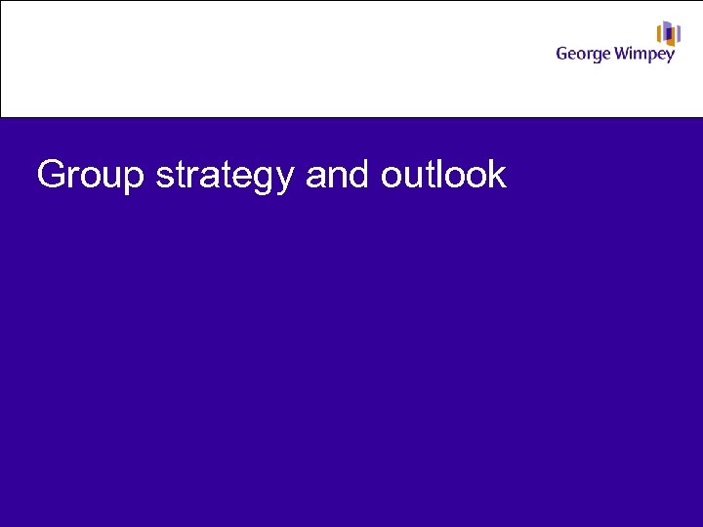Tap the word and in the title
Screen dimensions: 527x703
(x=338, y=176)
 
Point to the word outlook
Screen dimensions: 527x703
(x=443, y=176)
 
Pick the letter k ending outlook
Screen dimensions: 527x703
(x=498, y=176)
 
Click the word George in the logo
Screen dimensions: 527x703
(x=583, y=54)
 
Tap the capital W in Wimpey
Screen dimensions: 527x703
(x=623, y=53)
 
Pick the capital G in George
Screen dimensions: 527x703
(x=562, y=53)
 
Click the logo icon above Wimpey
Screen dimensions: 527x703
(x=668, y=33)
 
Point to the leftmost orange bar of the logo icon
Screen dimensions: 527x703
(x=660, y=36)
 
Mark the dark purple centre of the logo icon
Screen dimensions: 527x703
(x=669, y=34)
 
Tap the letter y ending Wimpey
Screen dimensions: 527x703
(x=670, y=57)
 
